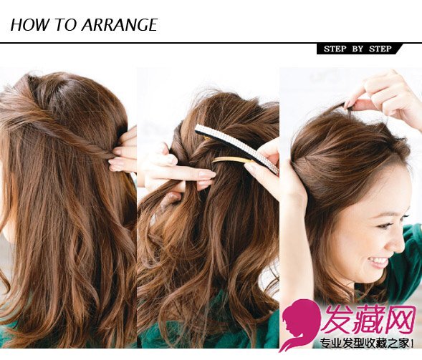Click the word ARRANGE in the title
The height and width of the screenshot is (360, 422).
(120, 25)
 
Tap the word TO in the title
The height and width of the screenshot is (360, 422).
(65, 25)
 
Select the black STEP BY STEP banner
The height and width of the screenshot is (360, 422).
(359, 49)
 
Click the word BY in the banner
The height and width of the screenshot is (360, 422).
(358, 49)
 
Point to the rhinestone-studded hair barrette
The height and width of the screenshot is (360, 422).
(237, 147)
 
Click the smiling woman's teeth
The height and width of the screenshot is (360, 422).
(379, 260)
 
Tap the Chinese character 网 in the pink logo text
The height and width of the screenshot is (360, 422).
(399, 319)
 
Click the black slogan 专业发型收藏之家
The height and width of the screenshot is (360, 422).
(365, 344)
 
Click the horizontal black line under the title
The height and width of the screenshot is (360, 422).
(211, 42)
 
